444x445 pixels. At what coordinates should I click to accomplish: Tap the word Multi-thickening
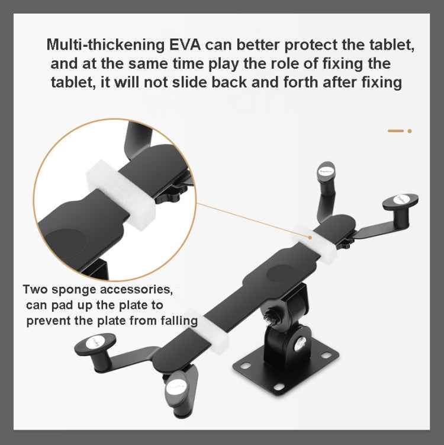[x=105, y=45]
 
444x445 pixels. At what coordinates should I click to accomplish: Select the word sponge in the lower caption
[x=74, y=290]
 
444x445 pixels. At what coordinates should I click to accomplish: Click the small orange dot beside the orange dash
[x=410, y=131]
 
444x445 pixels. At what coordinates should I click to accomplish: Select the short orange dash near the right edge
[x=395, y=131]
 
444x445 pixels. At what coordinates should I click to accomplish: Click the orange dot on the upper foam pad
[x=310, y=237]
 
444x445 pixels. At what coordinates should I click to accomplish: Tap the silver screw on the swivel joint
[x=300, y=344]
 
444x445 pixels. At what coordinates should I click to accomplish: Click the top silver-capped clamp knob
[x=326, y=172]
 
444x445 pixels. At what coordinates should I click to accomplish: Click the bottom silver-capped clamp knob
[x=176, y=388]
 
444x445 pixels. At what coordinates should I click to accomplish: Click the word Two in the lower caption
[x=36, y=289]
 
